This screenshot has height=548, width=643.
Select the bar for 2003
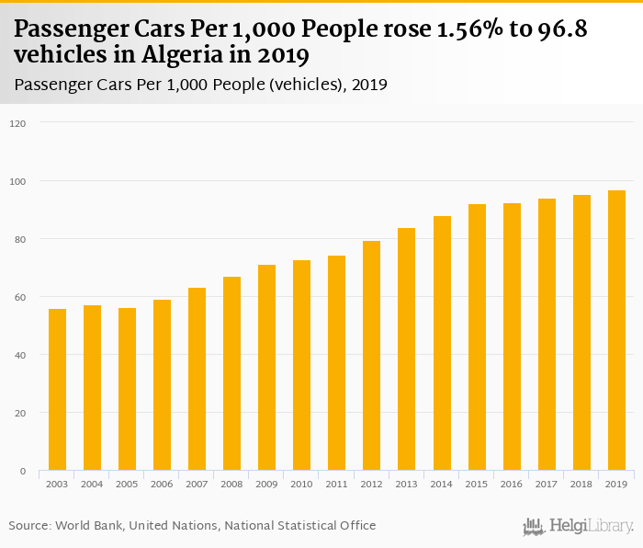57,390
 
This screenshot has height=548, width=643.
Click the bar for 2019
615,331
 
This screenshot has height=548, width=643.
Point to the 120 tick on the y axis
18,123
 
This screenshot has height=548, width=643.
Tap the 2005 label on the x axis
127,483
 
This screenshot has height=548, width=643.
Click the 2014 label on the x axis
441,483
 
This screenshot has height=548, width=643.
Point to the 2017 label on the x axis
546,483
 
